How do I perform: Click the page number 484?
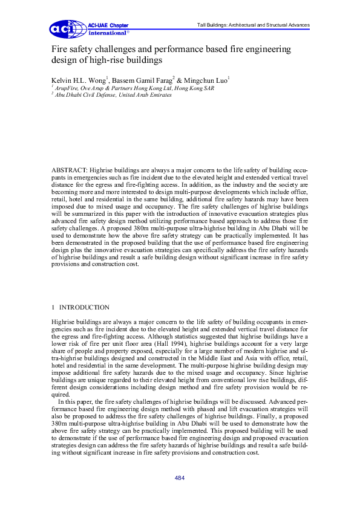coord(180,478)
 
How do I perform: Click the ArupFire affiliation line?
coord(117,88)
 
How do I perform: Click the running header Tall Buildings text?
coord(254,25)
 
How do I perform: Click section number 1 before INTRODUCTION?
coord(54,307)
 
